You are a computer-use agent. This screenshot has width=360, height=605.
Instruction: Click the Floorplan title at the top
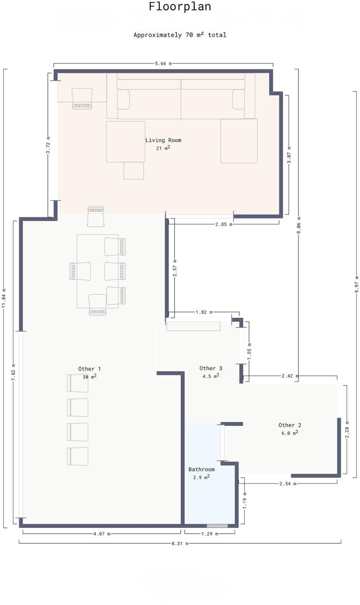click(180, 7)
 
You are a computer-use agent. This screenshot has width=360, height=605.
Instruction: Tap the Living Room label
click(163, 140)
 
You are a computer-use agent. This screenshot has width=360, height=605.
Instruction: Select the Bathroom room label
click(202, 469)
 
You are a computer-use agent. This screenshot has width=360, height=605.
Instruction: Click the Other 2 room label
click(290, 425)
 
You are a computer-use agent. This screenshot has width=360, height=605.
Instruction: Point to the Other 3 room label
click(211, 368)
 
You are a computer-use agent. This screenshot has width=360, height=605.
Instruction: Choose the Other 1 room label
click(89, 369)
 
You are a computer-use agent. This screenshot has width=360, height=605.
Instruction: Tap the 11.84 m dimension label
click(3, 298)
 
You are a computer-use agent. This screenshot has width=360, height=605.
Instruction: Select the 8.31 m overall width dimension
click(180, 543)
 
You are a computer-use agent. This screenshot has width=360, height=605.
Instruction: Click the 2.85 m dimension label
click(224, 224)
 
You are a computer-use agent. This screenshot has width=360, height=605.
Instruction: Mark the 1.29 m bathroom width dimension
click(210, 534)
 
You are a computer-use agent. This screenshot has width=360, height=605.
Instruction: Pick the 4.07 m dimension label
click(102, 534)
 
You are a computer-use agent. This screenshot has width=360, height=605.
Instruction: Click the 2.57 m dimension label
click(175, 268)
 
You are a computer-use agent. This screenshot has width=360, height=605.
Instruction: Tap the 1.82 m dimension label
click(204, 312)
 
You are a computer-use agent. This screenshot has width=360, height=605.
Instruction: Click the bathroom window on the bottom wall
click(217, 525)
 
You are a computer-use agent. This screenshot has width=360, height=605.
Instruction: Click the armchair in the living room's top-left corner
click(82, 98)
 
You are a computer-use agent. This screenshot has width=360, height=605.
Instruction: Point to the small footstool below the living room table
click(134, 171)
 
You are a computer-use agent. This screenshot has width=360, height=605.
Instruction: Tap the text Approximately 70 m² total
click(180, 35)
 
